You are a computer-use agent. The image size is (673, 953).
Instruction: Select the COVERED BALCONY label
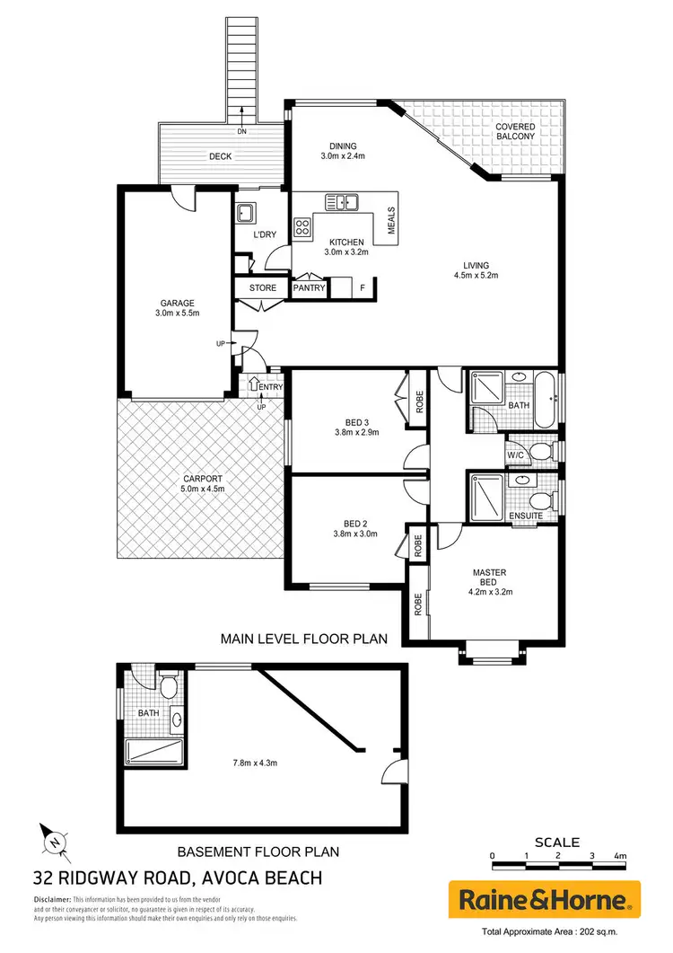coord(515,133)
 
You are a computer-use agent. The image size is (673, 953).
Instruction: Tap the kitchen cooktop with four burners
coord(302,227)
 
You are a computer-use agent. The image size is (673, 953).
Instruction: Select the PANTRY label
coord(310,288)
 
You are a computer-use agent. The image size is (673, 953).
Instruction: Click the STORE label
coord(262,288)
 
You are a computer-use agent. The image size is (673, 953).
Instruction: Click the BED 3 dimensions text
coord(344,432)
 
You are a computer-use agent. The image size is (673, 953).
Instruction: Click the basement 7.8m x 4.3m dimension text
coord(254,763)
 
